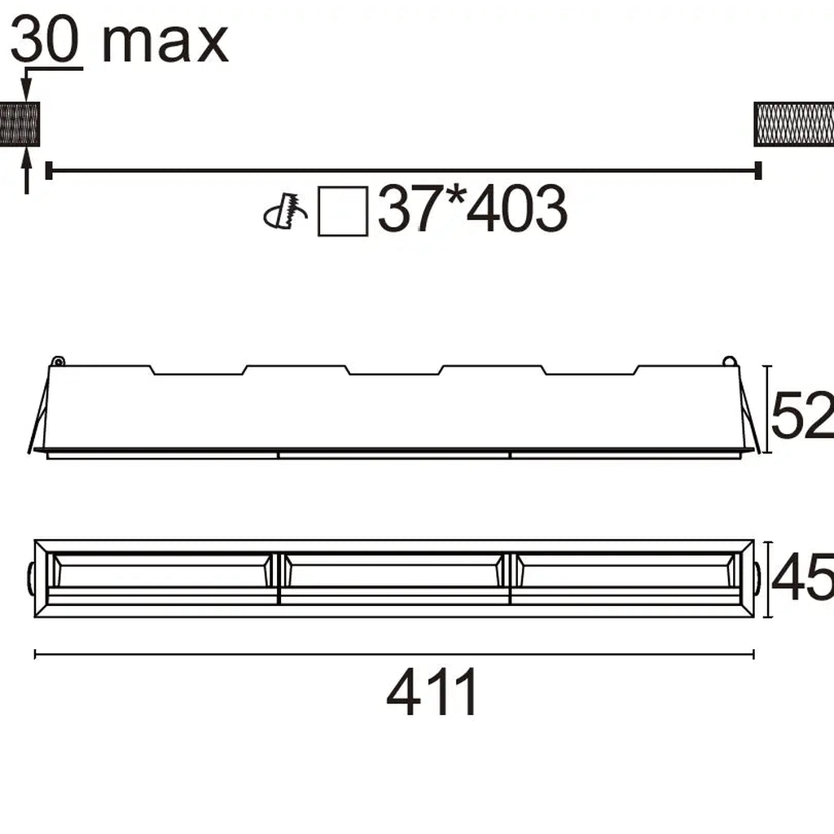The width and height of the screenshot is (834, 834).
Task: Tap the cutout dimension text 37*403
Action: (472, 210)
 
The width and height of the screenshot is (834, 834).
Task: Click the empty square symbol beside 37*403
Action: (343, 211)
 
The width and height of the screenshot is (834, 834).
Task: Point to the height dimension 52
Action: (801, 415)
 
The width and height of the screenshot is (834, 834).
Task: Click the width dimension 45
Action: (801, 577)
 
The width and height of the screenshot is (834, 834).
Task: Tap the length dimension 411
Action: (433, 693)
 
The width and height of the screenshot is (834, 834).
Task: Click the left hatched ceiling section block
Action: (19, 124)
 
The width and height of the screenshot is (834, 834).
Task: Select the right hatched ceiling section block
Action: (793, 124)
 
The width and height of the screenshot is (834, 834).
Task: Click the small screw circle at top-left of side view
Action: (57, 361)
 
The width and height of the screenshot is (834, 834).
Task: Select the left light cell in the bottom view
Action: (160, 577)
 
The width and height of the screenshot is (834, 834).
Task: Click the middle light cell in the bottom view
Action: (394, 577)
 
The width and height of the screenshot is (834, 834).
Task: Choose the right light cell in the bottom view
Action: (625, 577)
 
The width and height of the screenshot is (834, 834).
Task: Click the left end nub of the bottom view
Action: (30, 577)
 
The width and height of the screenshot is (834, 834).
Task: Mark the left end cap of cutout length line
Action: (49, 170)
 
